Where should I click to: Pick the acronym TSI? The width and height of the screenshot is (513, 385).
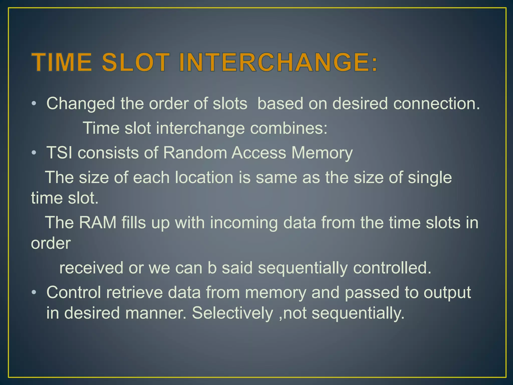click(59, 153)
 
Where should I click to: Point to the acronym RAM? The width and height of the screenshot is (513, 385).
click(98, 222)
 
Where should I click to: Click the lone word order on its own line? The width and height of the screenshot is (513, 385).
click(51, 243)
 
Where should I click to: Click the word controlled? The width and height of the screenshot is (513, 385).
click(392, 268)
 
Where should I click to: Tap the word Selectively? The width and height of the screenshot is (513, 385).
click(232, 313)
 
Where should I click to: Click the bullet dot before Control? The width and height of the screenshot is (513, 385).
click(34, 293)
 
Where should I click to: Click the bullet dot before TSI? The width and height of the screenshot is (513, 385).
click(34, 153)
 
